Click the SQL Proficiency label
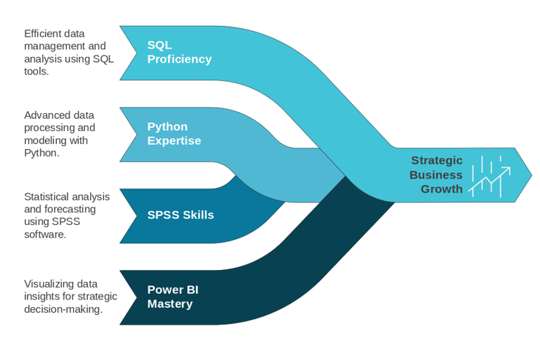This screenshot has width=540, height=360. coord(179,53)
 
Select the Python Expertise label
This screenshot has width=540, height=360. coord(174,134)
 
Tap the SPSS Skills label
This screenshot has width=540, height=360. coord(180,215)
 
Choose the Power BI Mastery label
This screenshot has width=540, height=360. coord(169,297)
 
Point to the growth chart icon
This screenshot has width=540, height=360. coord(490,176)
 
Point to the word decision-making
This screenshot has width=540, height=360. coord(63,309)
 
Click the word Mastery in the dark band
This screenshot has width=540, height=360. coord(169,304)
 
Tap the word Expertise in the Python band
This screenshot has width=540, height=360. coord(174,141)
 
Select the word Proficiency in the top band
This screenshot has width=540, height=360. coord(179,59)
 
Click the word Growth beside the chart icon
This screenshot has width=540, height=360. coord(442,188)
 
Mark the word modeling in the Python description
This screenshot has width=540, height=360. coord(44,140)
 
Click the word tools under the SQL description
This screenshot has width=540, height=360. coord(36,71)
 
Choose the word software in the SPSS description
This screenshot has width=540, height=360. coord(45,234)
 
